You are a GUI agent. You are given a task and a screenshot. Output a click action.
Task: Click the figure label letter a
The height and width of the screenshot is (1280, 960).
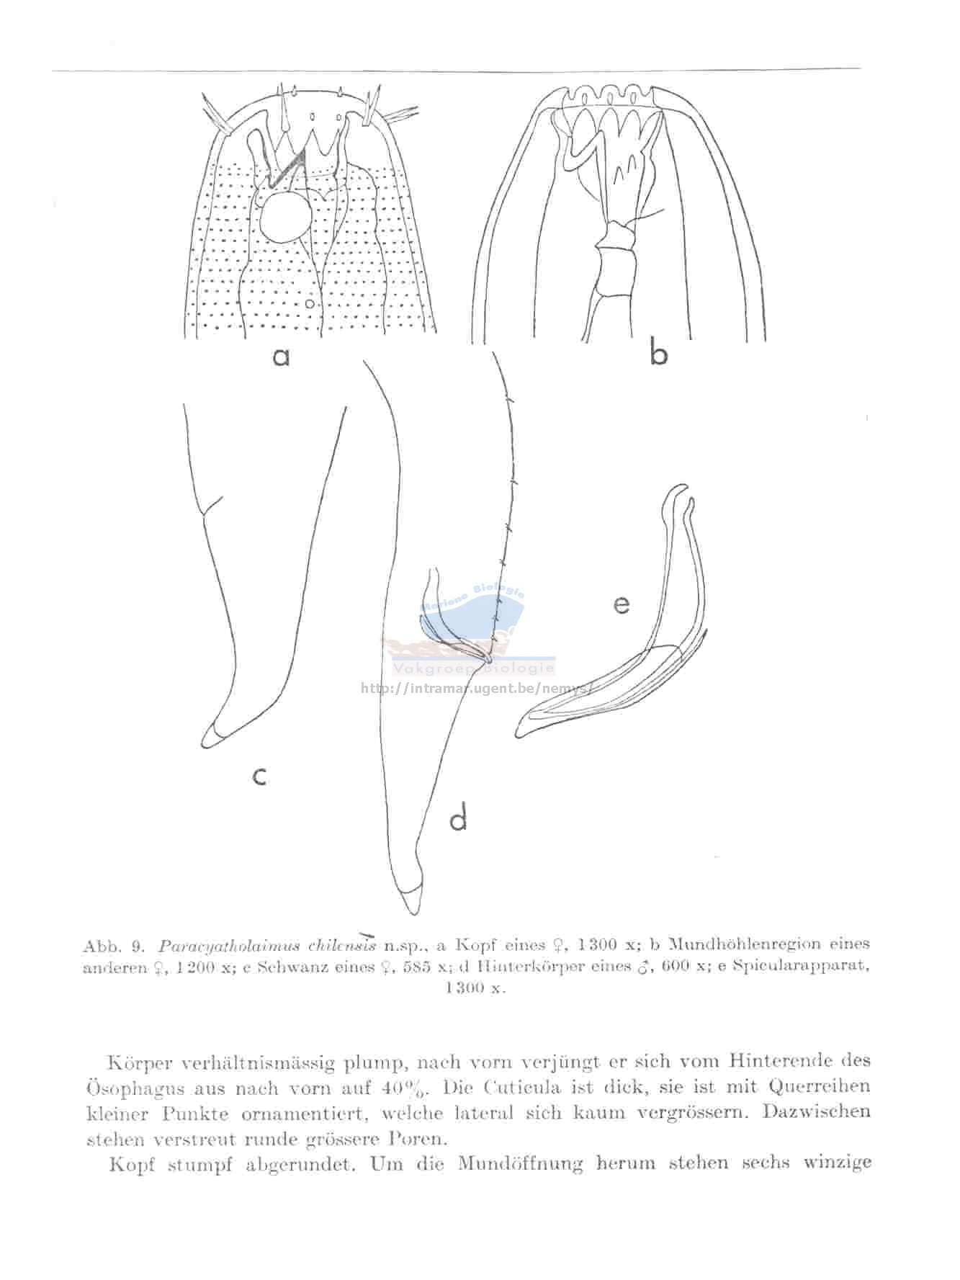[x=281, y=356]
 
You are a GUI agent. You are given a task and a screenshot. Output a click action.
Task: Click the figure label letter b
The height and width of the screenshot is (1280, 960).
[x=658, y=354]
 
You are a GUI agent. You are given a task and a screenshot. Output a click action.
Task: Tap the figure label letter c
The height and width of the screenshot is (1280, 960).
[x=260, y=776]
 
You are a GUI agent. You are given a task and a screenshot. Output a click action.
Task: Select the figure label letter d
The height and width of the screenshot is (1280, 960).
[x=459, y=818]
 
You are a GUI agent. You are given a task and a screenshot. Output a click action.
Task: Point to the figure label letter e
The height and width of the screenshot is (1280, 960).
[x=621, y=604]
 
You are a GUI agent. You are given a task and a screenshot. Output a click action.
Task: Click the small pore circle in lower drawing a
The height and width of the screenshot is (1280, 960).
[x=309, y=305]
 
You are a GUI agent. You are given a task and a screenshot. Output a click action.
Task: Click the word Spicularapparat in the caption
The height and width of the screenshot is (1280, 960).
[x=801, y=966]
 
